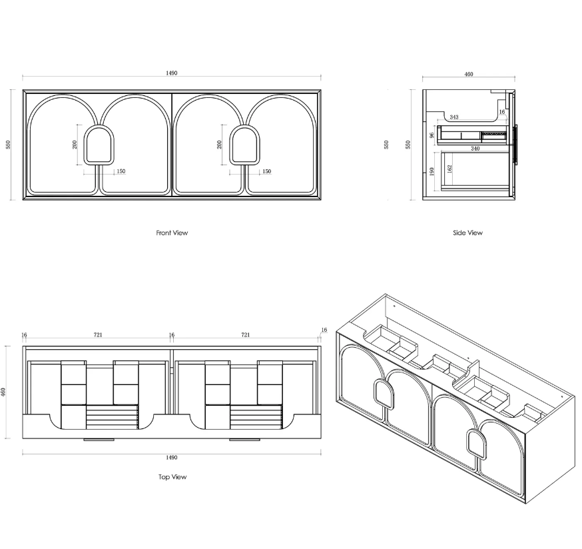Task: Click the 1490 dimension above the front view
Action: coord(172,73)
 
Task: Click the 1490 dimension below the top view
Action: coord(172,457)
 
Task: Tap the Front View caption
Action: coord(172,233)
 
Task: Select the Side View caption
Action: coord(467,233)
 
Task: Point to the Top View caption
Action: coord(172,477)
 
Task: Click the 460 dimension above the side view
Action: coord(469,75)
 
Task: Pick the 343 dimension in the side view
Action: coord(454,117)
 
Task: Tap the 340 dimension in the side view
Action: coord(475,149)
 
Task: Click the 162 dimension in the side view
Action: coord(449,169)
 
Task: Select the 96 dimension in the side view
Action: coord(432,135)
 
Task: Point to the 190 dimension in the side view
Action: coord(432,171)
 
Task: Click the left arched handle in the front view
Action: coord(99,145)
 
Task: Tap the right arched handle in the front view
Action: coord(244,145)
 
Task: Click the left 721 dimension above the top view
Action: coord(98,334)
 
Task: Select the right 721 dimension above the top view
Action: coord(245,334)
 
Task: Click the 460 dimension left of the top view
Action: coord(3,392)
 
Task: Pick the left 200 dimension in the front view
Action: coord(75,145)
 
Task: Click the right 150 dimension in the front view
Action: coord(267,171)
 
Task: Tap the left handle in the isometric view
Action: coord(384,394)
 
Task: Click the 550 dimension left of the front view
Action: coord(8,145)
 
